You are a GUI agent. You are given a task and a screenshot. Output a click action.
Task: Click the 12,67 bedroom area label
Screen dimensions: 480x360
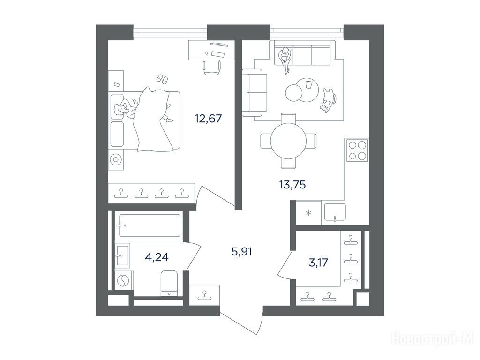click(x=208, y=118)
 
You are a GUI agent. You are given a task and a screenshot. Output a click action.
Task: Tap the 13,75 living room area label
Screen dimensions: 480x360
click(x=292, y=185)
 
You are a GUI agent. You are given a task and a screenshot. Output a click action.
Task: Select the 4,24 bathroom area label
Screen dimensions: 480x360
click(x=157, y=257)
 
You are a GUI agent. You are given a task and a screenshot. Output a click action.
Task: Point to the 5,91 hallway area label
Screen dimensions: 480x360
click(x=242, y=252)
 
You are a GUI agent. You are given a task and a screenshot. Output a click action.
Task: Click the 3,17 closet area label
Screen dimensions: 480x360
click(x=318, y=262)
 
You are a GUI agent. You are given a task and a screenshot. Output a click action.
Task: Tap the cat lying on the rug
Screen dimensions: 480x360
click(x=328, y=100)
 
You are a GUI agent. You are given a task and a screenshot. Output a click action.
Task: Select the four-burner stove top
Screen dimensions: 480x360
click(x=357, y=150)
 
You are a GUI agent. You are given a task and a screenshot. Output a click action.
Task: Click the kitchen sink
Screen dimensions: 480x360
click(x=335, y=212)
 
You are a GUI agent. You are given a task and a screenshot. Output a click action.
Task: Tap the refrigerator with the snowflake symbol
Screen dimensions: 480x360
click(x=308, y=213)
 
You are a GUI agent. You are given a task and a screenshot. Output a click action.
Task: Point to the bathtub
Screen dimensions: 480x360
click(x=150, y=225)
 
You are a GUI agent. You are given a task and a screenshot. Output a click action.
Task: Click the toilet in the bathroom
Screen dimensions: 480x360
click(x=169, y=284)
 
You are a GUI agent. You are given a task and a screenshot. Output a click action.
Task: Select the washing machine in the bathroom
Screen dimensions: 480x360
click(x=124, y=280)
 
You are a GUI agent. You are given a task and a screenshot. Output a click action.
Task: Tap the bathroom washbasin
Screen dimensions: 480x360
click(x=122, y=255)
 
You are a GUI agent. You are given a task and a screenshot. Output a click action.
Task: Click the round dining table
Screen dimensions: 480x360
click(x=288, y=141)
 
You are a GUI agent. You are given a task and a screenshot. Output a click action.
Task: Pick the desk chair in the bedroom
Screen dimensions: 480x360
click(x=212, y=67)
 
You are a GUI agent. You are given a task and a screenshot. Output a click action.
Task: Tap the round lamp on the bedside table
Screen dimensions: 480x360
click(x=116, y=159)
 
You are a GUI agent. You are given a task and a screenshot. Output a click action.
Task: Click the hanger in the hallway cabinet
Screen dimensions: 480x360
click(x=204, y=295)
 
